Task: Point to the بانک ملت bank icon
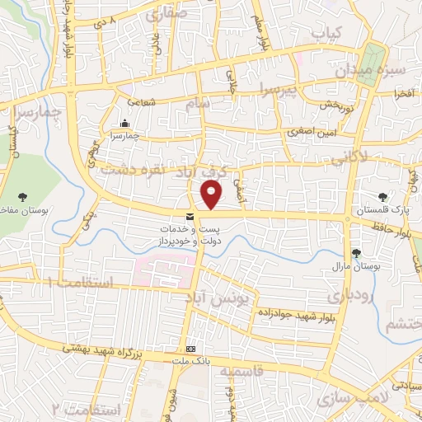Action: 190,349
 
